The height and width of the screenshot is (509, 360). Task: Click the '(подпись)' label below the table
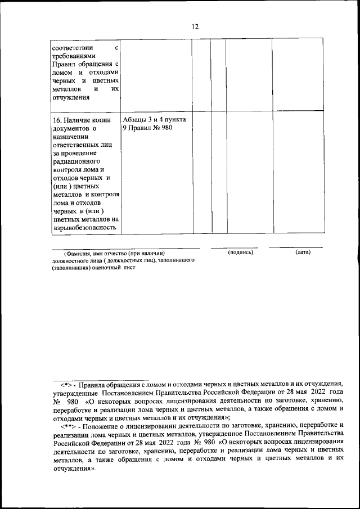point(241,252)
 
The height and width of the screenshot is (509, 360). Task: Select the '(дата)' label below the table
point(303,252)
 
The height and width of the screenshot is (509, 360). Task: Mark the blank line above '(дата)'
point(295,247)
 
